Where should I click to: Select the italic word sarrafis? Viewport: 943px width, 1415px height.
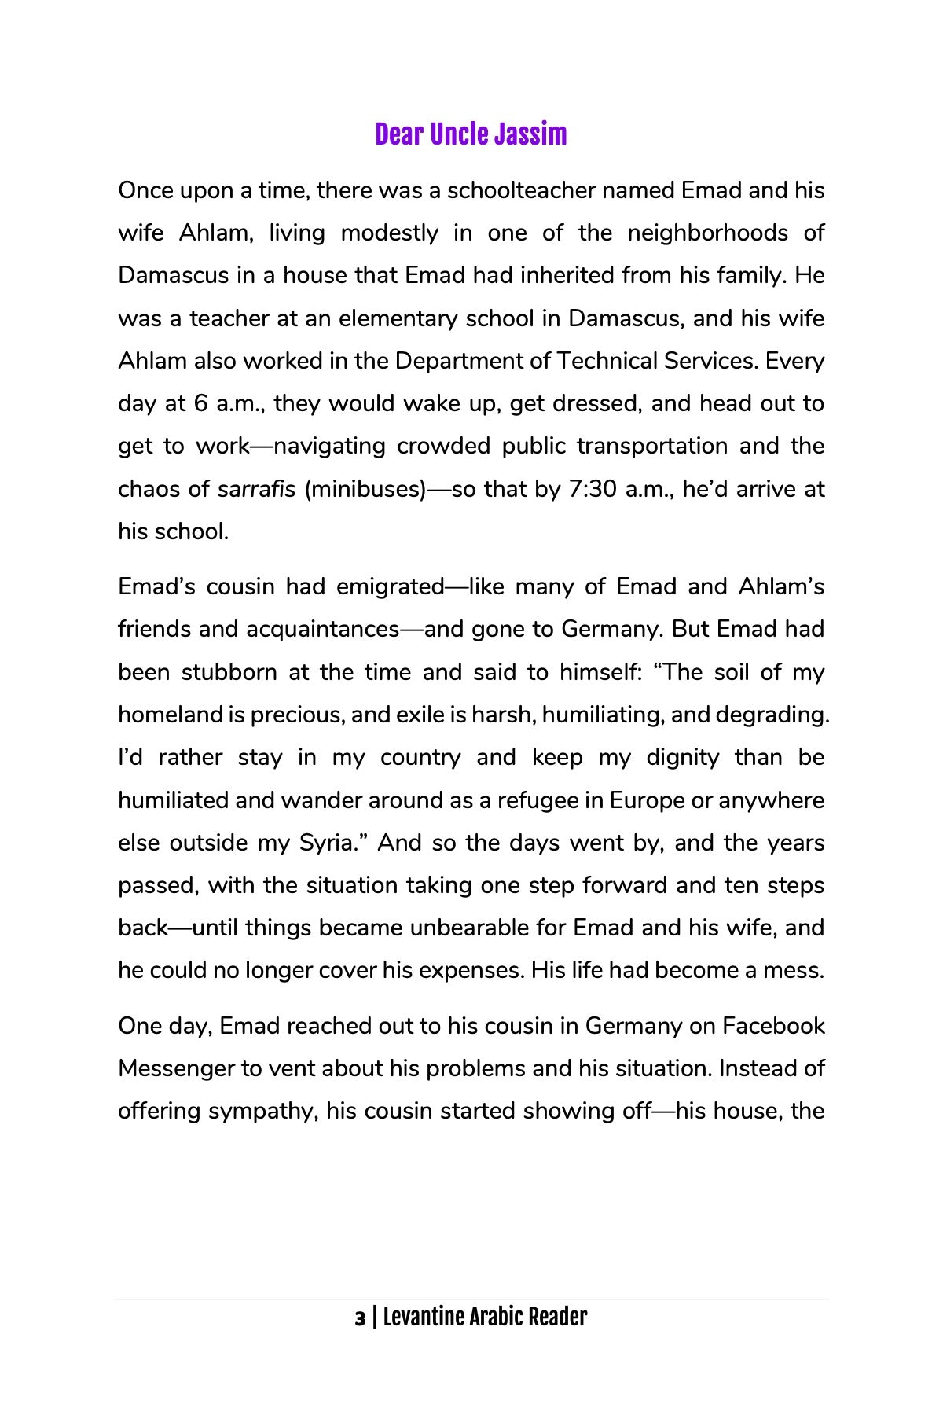click(x=256, y=489)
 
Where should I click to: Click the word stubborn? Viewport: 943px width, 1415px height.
click(x=229, y=673)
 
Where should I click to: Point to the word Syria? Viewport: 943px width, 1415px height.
click(x=325, y=843)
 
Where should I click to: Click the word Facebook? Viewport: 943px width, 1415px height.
click(x=773, y=1027)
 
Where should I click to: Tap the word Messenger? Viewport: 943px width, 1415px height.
click(x=176, y=1069)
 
